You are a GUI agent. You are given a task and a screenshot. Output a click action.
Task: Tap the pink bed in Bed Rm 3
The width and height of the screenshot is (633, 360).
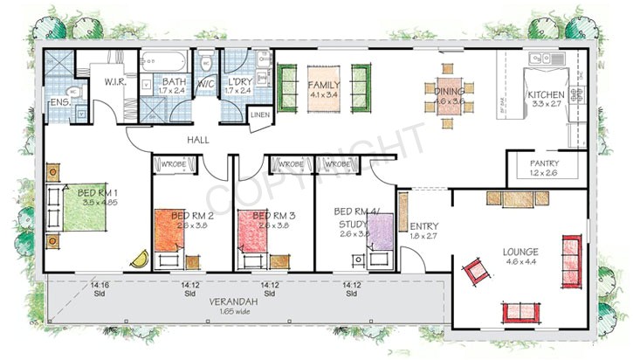(259, 231)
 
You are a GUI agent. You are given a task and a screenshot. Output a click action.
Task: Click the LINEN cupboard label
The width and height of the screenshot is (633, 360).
(260, 114)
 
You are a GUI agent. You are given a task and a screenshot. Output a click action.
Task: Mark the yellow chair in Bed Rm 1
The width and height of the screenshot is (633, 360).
(140, 260)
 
